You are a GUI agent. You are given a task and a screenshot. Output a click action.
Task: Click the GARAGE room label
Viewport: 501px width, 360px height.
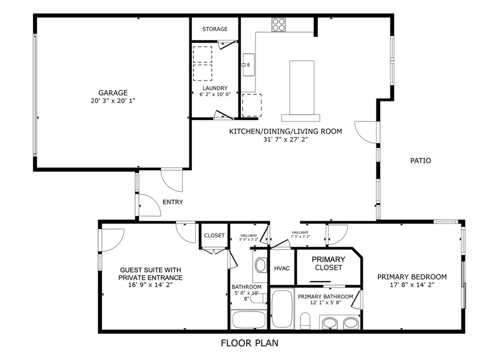pyautogui.click(x=113, y=92)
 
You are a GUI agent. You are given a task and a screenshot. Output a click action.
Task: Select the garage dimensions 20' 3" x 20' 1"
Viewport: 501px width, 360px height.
pyautogui.click(x=113, y=101)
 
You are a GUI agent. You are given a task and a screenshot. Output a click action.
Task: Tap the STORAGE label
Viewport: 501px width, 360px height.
pyautogui.click(x=215, y=29)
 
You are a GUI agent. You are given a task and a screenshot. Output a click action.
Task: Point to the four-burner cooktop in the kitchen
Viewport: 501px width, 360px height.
pyautogui.click(x=279, y=24)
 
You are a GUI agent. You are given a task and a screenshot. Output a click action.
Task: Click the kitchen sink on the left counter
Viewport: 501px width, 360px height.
pyautogui.click(x=248, y=64)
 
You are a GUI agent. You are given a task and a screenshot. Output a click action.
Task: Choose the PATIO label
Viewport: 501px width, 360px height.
pyautogui.click(x=420, y=160)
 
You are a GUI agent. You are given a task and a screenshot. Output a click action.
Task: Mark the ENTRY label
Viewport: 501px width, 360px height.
pyautogui.click(x=173, y=202)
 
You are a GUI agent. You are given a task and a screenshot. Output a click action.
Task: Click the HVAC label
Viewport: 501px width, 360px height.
pyautogui.click(x=282, y=269)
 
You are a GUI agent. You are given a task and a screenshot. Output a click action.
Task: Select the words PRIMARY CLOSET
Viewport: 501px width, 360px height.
pyautogui.click(x=328, y=263)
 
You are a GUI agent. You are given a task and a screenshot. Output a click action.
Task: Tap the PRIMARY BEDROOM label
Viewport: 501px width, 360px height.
pyautogui.click(x=411, y=277)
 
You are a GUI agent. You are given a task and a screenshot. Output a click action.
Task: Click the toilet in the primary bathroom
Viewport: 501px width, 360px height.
pyautogui.click(x=305, y=321)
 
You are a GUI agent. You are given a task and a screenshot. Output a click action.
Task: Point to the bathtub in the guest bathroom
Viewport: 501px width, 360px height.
pyautogui.click(x=249, y=319)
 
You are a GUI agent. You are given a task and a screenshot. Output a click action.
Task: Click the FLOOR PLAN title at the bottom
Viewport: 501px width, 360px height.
pyautogui.click(x=250, y=343)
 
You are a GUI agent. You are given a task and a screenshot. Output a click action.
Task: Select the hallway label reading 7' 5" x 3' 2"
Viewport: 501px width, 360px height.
pyautogui.click(x=300, y=234)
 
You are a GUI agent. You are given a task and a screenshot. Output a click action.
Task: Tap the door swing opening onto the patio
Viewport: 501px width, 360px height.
pyautogui.click(x=366, y=132)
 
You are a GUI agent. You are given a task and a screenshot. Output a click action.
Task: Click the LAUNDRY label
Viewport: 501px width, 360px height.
pyautogui.click(x=215, y=89)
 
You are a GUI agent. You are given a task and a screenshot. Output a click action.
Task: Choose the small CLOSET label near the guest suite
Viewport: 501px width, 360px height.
pyautogui.click(x=214, y=236)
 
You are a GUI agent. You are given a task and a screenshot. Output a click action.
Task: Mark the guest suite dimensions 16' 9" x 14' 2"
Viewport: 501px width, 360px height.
pyautogui.click(x=150, y=285)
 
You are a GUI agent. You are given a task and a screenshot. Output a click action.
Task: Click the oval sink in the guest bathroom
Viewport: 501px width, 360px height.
pyautogui.click(x=260, y=266)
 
